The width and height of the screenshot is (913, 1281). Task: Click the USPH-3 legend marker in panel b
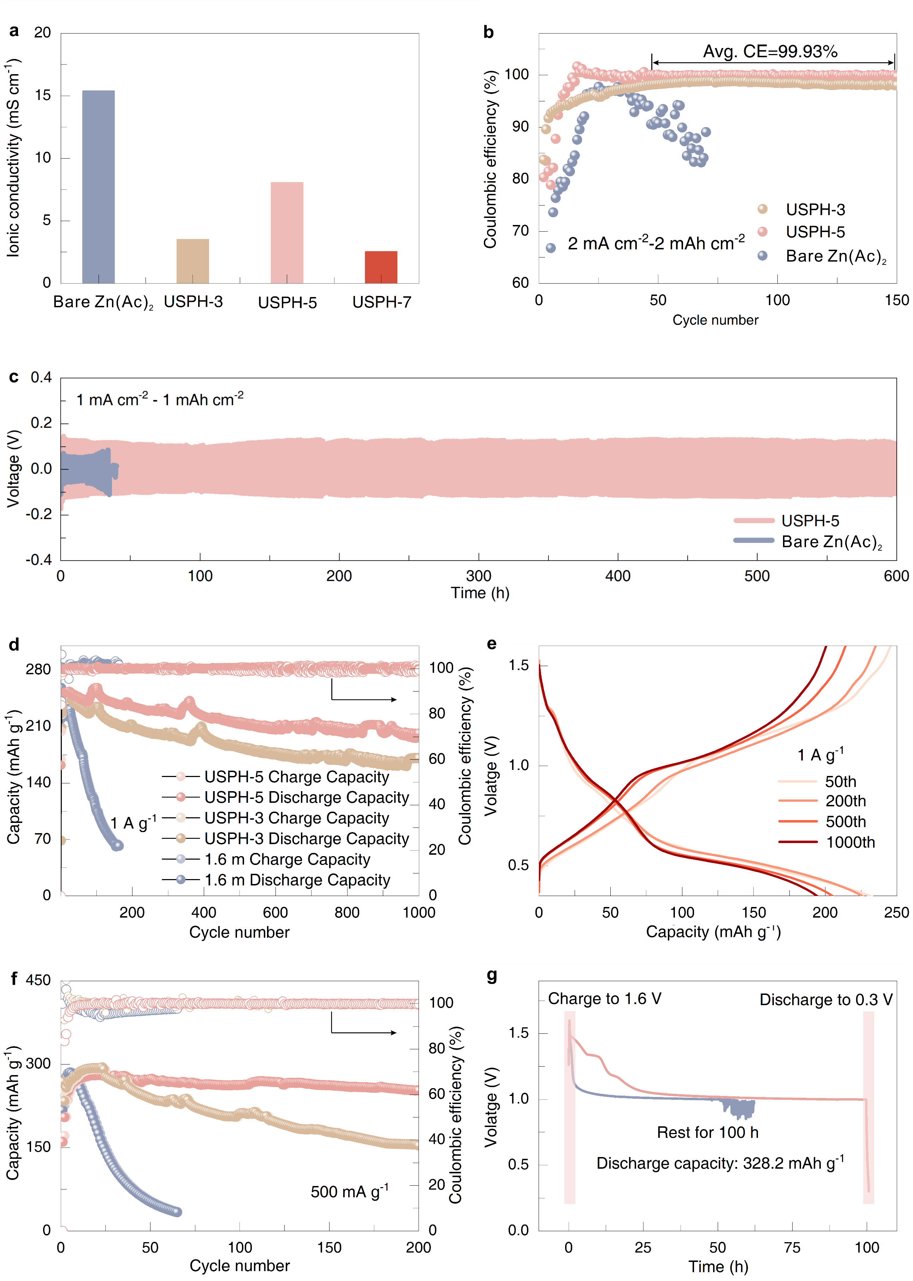762,209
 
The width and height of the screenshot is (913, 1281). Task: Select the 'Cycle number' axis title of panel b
715,320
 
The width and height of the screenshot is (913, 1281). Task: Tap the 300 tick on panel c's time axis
479,576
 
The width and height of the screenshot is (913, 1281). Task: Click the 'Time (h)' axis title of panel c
480,593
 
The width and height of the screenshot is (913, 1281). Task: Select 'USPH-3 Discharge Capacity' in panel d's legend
307,838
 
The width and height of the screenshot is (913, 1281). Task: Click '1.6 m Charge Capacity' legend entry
287,859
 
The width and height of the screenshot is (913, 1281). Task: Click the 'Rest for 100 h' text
707,1132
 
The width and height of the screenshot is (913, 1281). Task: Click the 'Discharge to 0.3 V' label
825,1000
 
